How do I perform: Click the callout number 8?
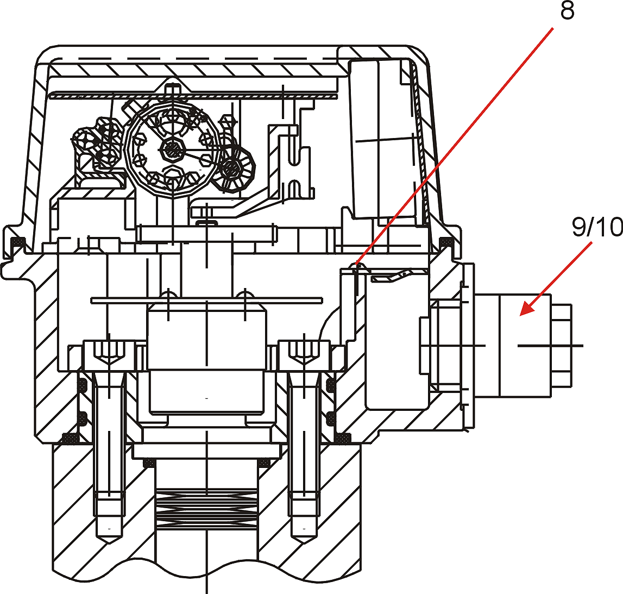(x=567, y=11)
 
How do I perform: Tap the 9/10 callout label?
(x=597, y=227)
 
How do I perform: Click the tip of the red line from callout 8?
(x=356, y=264)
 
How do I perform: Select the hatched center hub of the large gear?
(x=172, y=150)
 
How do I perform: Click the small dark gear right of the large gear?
(x=232, y=168)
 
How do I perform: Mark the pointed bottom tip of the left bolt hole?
(x=109, y=543)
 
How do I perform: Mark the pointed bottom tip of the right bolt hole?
(x=304, y=543)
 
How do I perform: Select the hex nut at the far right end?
(x=562, y=346)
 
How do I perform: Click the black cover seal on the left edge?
(x=17, y=242)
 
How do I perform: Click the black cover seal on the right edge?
(x=446, y=242)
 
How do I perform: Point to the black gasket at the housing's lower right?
(x=343, y=439)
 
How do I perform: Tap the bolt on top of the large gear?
(x=172, y=89)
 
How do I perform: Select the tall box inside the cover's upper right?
(x=381, y=139)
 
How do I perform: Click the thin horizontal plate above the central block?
(x=206, y=300)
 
